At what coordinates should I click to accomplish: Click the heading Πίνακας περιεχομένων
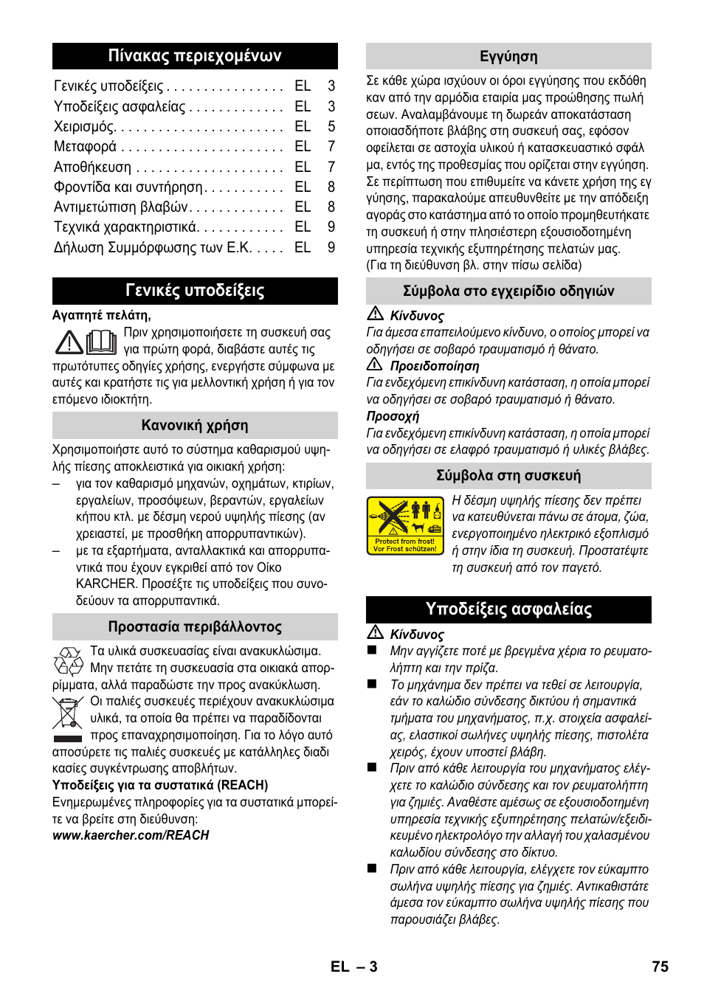coord(195,56)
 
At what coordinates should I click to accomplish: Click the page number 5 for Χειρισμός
coord(331,127)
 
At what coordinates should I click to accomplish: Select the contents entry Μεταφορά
coord(85,147)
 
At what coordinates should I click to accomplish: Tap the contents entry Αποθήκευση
coord(92,167)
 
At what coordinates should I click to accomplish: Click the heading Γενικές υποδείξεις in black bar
coord(195,291)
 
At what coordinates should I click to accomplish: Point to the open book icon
coord(102,342)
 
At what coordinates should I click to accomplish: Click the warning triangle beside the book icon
coord(69,342)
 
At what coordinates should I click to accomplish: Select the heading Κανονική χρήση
coord(195,426)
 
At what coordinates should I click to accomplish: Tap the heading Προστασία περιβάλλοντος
coord(195,627)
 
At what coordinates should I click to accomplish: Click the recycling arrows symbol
coord(68,661)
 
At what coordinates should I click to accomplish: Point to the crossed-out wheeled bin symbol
coord(68,713)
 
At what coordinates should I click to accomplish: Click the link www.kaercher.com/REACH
coord(131,835)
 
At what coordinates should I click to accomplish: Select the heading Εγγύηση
coord(508,57)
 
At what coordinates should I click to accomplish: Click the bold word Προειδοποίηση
coord(435,366)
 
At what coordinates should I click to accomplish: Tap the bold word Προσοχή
coord(393,416)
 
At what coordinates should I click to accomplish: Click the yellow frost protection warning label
coord(405,525)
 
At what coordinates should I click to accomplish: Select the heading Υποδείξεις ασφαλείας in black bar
coord(508,609)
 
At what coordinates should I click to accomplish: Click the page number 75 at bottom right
coord(660,967)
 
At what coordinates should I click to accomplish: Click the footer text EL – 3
coord(354,967)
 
